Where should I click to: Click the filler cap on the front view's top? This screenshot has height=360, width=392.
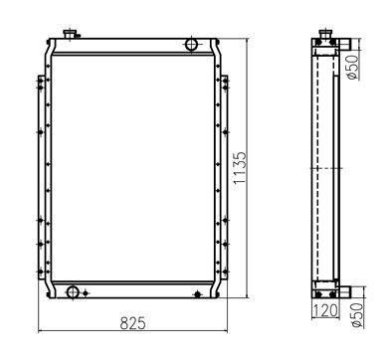(x=71, y=35)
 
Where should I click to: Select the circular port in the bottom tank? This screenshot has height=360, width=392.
(x=72, y=292)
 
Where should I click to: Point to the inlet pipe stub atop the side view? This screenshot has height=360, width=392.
(x=344, y=45)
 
